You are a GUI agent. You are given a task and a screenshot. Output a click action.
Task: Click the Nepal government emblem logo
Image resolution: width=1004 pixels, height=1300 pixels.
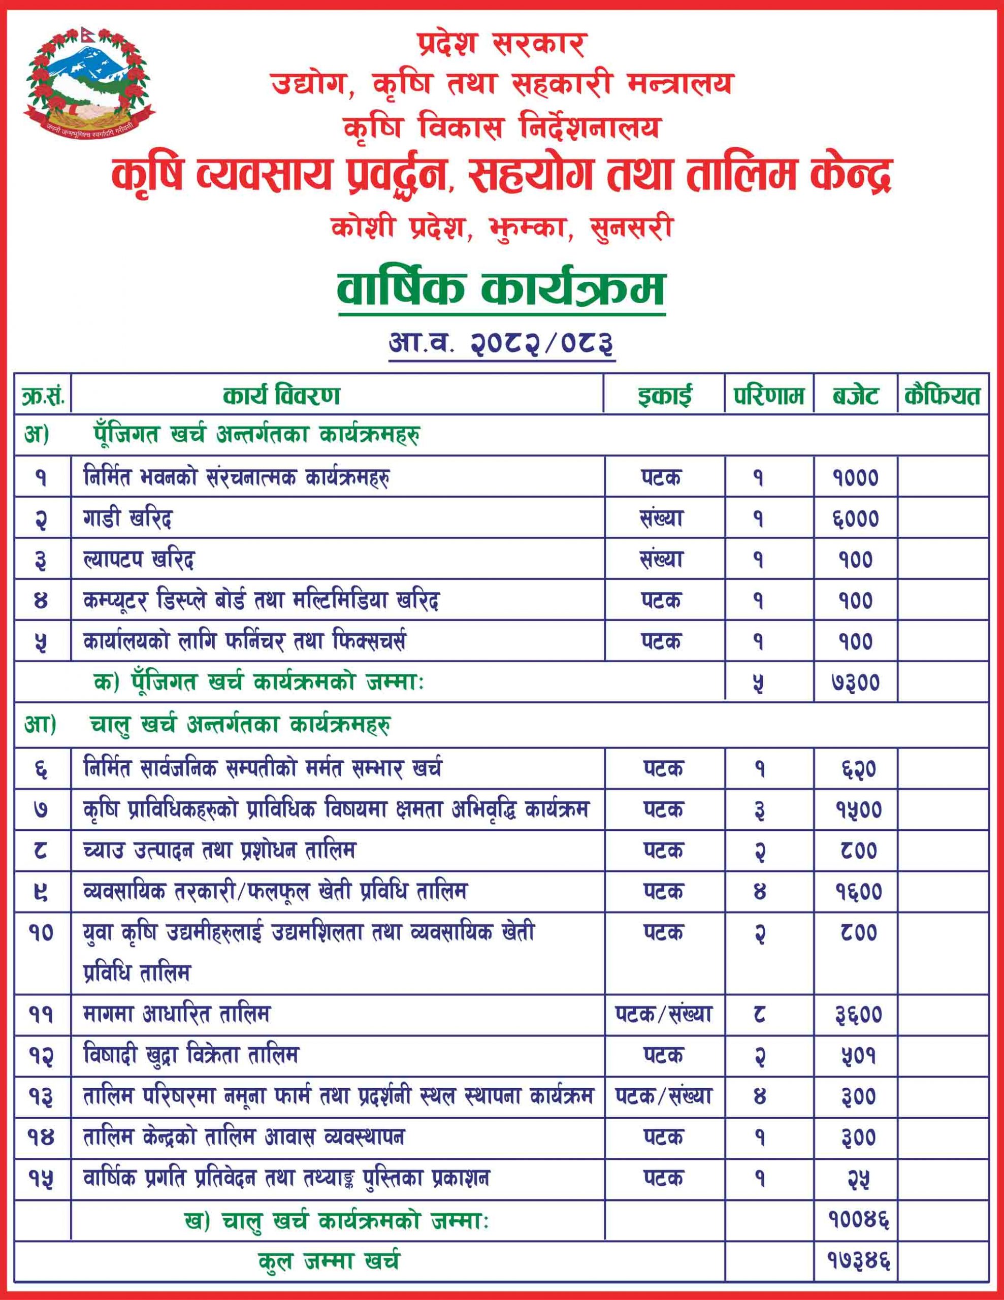[88, 82]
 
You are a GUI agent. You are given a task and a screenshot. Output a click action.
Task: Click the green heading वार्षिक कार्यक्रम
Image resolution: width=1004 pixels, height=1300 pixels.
[501, 288]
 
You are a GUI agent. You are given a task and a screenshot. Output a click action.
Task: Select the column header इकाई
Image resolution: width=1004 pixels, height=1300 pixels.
[664, 396]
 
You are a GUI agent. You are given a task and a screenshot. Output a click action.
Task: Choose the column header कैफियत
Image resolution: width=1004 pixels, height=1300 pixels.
[942, 396]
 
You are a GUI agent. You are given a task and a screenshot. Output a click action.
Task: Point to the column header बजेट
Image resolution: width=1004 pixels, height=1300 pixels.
[855, 396]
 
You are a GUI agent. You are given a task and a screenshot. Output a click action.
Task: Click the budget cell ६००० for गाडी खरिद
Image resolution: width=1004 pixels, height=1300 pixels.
[855, 519]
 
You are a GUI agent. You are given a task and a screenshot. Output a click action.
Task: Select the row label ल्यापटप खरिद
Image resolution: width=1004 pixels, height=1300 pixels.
[139, 560]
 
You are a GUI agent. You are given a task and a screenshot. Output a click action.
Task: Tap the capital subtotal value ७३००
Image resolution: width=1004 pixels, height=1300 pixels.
[855, 682]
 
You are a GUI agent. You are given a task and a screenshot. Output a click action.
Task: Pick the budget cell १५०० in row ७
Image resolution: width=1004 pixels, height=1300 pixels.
[858, 810]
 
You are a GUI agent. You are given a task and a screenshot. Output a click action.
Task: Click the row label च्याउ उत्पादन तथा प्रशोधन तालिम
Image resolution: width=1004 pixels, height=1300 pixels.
[219, 851]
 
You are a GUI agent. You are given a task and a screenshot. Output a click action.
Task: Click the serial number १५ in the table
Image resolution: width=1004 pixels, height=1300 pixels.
[41, 1179]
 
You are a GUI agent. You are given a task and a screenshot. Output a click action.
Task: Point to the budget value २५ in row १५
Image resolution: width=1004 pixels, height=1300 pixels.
[858, 1179]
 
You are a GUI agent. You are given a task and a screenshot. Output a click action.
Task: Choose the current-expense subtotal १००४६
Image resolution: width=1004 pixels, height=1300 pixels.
[858, 1221]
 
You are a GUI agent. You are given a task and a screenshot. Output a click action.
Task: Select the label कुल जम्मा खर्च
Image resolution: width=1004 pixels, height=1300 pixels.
[329, 1261]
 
